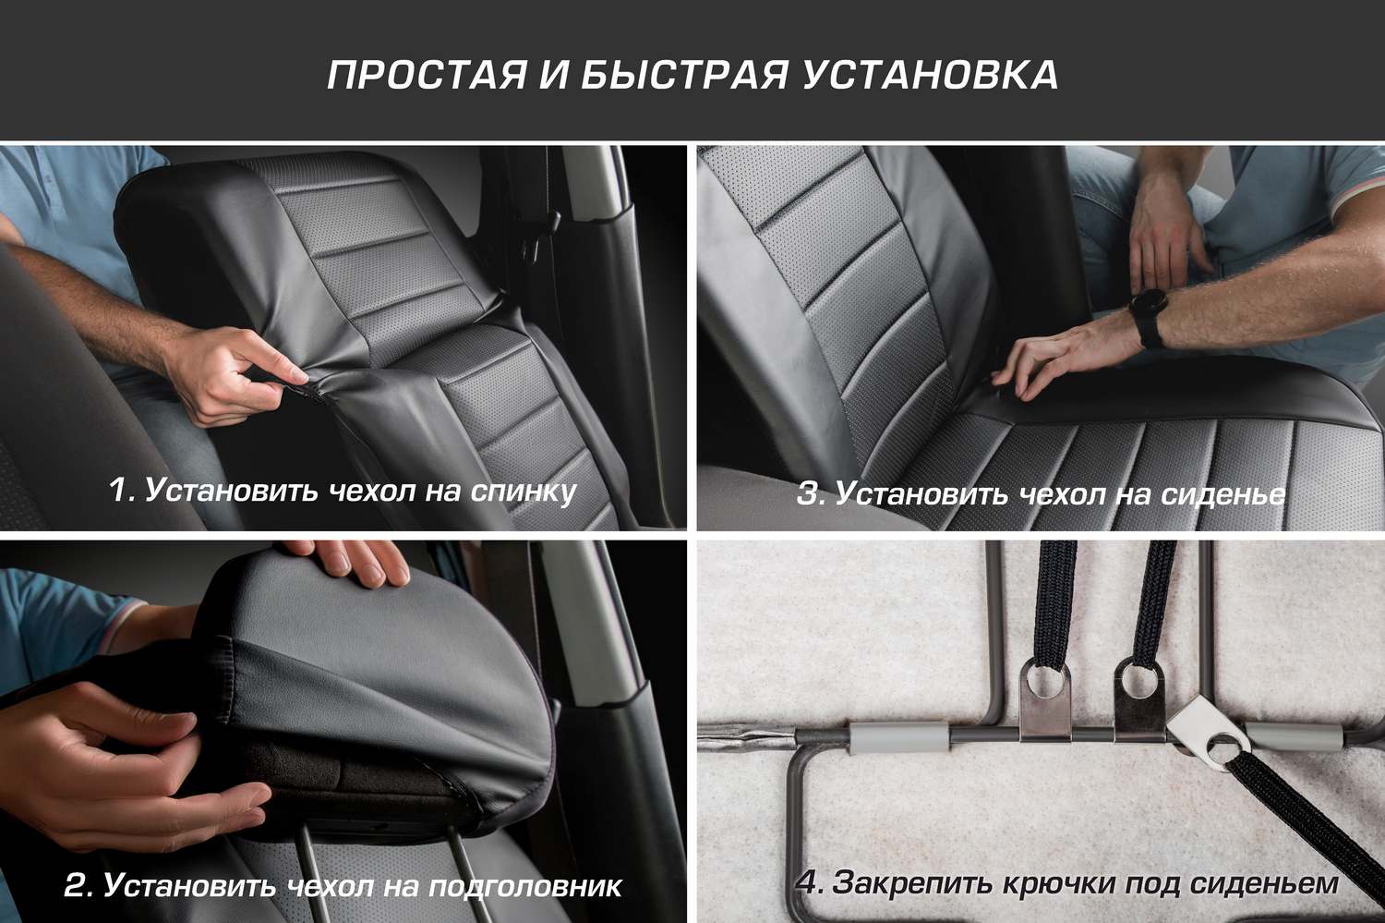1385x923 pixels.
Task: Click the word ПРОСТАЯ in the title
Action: click(427, 75)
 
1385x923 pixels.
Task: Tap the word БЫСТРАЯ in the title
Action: click(684, 75)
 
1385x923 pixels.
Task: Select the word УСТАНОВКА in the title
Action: click(930, 75)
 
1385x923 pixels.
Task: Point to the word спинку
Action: click(524, 492)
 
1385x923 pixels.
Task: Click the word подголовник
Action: click(525, 886)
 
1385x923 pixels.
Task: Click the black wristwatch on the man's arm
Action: click(1149, 317)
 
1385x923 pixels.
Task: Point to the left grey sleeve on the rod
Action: click(899, 738)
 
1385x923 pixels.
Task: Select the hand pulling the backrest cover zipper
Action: click(238, 376)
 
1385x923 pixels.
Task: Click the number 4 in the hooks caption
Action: click(809, 882)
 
